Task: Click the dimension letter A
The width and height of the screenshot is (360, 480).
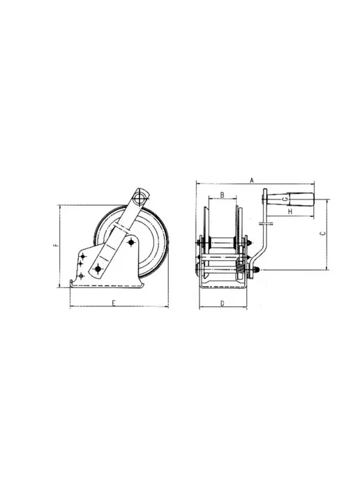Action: pyautogui.click(x=252, y=180)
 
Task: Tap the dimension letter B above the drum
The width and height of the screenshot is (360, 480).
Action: pyautogui.click(x=223, y=195)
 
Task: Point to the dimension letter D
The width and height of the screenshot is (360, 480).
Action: pyautogui.click(x=223, y=303)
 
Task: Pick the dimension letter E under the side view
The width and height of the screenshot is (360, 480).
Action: pyautogui.click(x=113, y=303)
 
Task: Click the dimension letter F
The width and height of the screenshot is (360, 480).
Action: pyautogui.click(x=55, y=245)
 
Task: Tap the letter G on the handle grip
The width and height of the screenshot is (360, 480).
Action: pyautogui.click(x=285, y=199)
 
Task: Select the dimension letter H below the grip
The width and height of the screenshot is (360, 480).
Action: pyautogui.click(x=290, y=211)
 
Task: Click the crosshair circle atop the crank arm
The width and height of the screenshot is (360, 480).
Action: pyautogui.click(x=140, y=197)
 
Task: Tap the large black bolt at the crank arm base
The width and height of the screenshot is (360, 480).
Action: pyautogui.click(x=98, y=269)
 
